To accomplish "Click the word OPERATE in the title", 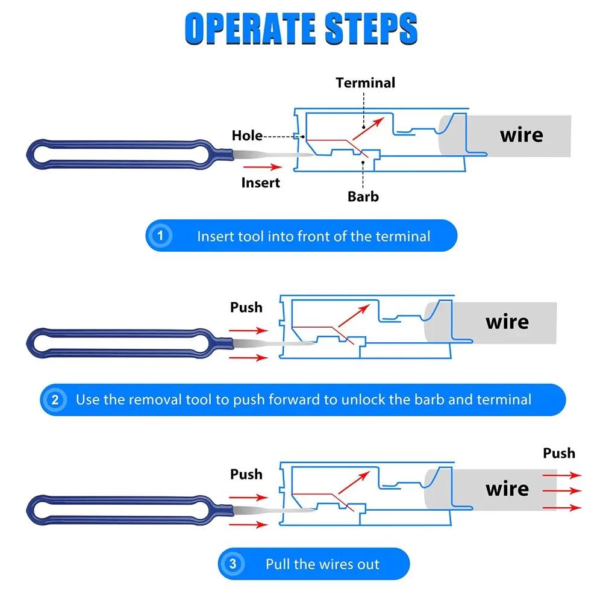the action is (251, 28).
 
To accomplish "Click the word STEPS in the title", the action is (371, 28).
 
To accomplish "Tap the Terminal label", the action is (365, 83).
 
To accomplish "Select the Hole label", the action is (247, 136).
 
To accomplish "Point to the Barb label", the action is (363, 196).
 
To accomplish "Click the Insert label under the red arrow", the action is (261, 183).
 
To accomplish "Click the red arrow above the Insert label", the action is (263, 167).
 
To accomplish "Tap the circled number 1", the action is (160, 236).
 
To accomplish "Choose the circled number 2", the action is (55, 399).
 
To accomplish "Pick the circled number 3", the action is (233, 564).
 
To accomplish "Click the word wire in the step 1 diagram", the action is (522, 136).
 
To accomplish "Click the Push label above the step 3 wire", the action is (559, 453).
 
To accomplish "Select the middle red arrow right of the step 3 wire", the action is (562, 491).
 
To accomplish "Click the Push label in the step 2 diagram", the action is (246, 307).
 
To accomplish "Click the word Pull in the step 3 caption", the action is (278, 564).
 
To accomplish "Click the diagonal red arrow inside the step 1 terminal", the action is (368, 128).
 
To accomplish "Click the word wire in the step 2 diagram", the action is (507, 322).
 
